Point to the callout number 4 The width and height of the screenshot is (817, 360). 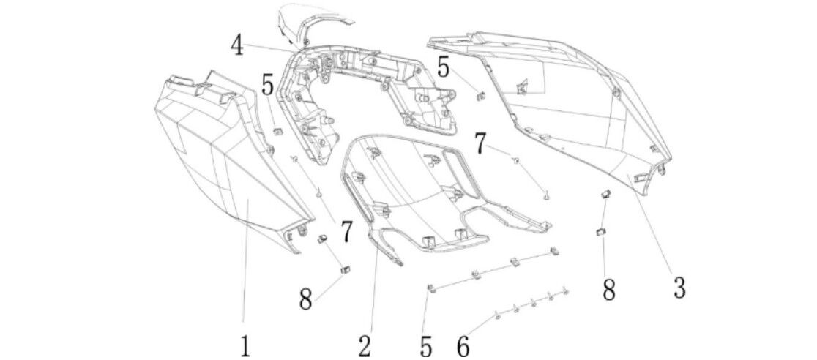236,45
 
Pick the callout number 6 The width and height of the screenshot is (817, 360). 463,343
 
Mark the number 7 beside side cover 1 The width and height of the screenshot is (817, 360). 345,231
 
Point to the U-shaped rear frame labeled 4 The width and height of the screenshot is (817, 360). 366,80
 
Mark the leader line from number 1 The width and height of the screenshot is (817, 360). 247,263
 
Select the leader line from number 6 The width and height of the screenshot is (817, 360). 480,326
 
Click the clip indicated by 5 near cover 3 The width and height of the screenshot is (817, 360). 481,94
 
